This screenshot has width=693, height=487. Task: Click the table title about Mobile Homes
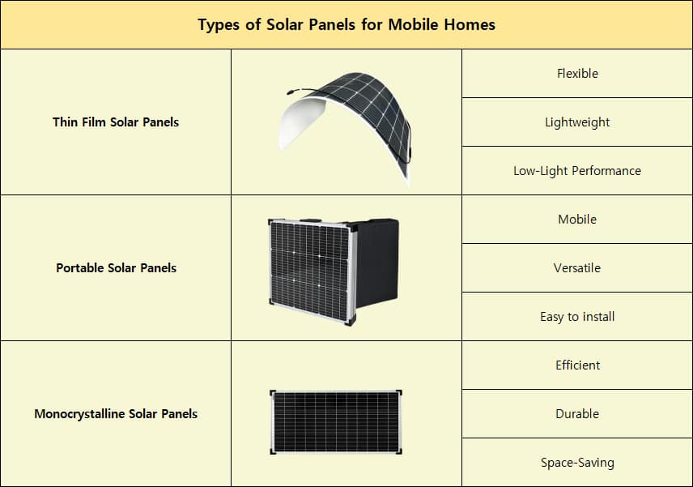pyautogui.click(x=346, y=24)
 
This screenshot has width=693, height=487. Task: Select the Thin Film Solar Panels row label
pyautogui.click(x=116, y=122)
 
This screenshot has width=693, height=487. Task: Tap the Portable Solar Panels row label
pyautogui.click(x=116, y=268)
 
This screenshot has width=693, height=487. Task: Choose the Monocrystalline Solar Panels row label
pyautogui.click(x=116, y=414)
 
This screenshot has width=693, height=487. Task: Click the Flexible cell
pyautogui.click(x=577, y=74)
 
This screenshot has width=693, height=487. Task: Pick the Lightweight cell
pyautogui.click(x=577, y=122)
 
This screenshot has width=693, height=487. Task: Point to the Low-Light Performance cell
pyautogui.click(x=577, y=171)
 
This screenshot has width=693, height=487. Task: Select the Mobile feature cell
pyautogui.click(x=577, y=220)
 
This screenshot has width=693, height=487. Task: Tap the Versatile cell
pyautogui.click(x=577, y=268)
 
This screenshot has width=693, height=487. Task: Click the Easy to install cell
pyautogui.click(x=577, y=317)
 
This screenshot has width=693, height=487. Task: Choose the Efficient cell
pyautogui.click(x=577, y=365)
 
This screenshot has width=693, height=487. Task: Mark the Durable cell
pyautogui.click(x=577, y=414)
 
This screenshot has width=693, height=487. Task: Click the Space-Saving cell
pyautogui.click(x=577, y=463)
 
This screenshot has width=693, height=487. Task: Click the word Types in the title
pyautogui.click(x=219, y=24)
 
